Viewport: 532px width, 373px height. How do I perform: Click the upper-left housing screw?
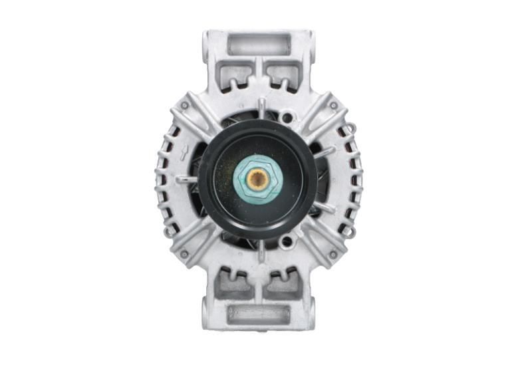(184, 105)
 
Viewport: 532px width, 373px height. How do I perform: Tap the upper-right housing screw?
(332, 105)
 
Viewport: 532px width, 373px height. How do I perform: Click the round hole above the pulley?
(287, 118)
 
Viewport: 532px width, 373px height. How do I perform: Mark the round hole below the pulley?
(287, 241)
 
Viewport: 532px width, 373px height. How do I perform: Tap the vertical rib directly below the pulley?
(261, 251)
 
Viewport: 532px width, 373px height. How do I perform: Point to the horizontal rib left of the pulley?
(187, 179)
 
